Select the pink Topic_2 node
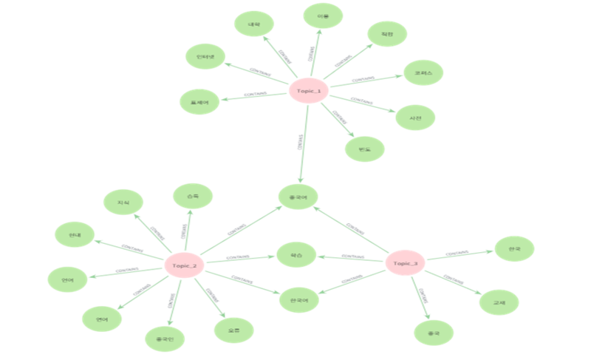point(183,265)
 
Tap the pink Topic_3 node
point(406,263)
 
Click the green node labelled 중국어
point(298,197)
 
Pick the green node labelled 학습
point(296,255)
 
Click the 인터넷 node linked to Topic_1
point(205,57)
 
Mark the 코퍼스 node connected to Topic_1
point(423,72)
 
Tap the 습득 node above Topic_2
point(192,196)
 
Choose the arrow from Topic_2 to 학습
point(238,258)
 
